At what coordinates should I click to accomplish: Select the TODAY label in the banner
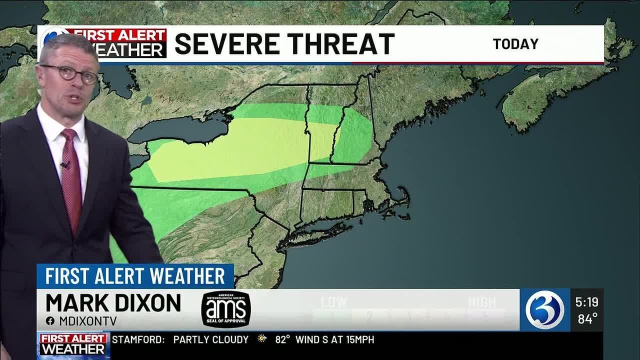(515, 44)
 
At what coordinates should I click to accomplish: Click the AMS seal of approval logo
(226, 309)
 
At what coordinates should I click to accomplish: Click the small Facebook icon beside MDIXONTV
(50, 321)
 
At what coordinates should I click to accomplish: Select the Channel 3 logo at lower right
(544, 310)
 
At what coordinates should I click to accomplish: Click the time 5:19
(586, 302)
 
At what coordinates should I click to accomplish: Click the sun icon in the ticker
(262, 339)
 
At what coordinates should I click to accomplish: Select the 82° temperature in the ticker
(283, 339)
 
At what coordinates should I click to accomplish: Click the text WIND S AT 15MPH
(334, 339)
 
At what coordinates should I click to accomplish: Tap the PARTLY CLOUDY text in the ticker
(210, 339)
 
